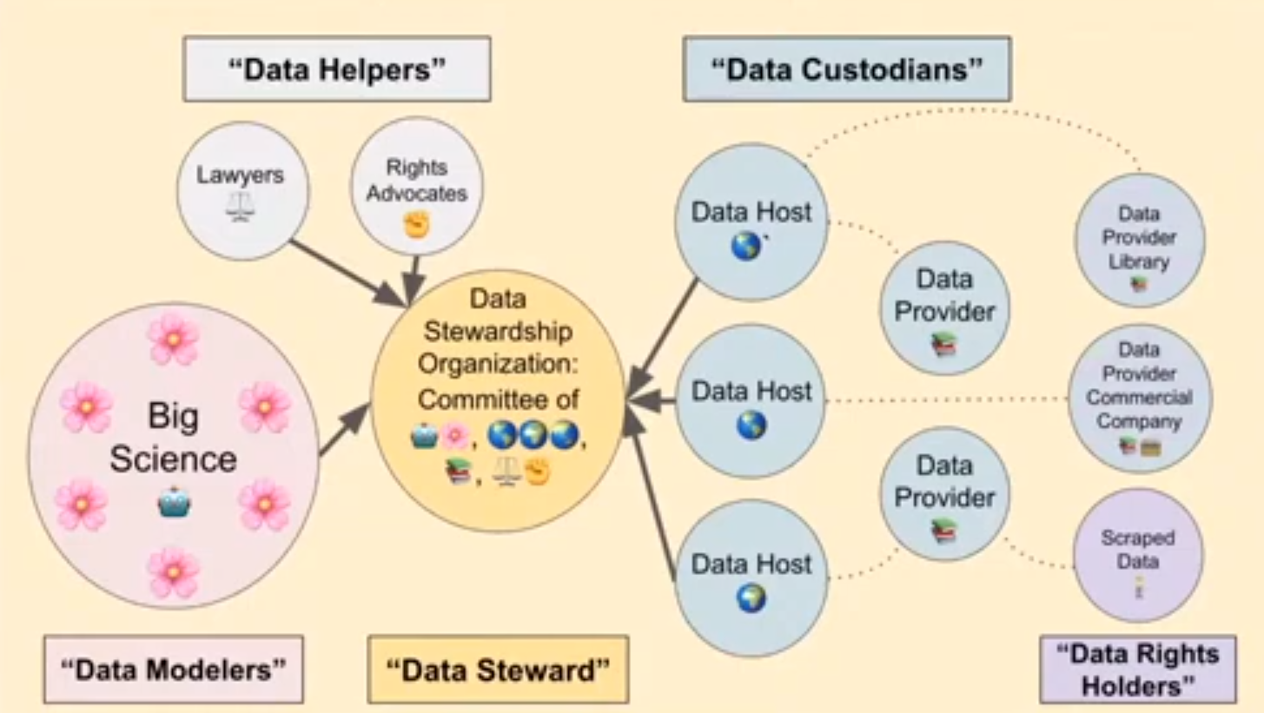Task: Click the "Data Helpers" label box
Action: coord(337,69)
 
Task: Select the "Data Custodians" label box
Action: coord(847,69)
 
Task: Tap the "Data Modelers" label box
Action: coord(174,669)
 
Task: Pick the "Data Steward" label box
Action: coord(498,669)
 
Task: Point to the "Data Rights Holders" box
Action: coord(1137,669)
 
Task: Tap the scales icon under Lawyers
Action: coord(241,207)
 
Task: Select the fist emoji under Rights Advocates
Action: coord(417,225)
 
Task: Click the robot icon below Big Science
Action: coord(174,502)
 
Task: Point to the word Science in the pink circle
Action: coord(174,459)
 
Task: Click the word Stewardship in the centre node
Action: coord(498,333)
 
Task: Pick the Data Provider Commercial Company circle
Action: coord(1139,399)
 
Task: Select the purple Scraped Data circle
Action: coord(1138,555)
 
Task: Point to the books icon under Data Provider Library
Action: coord(1138,283)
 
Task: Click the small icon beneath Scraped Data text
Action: coord(1138,589)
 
